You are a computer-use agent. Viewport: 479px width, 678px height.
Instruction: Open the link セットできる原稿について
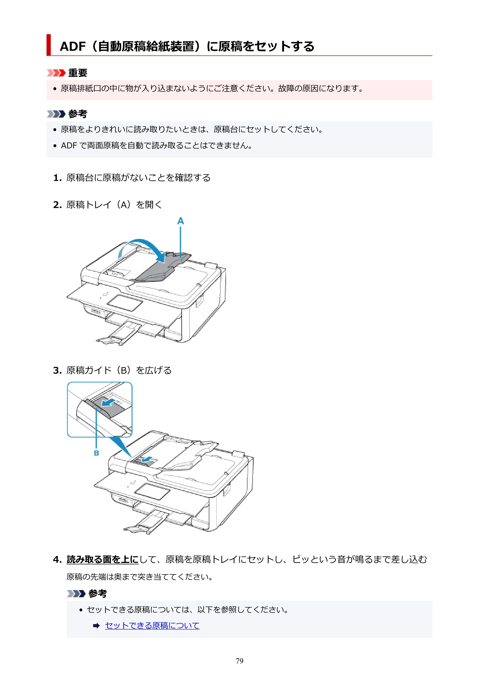click(x=152, y=626)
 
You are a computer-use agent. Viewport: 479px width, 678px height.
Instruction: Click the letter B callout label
click(x=97, y=453)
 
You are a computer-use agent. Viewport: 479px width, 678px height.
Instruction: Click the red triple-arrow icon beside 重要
click(x=56, y=73)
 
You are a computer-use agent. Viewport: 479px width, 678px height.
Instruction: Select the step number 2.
click(x=57, y=205)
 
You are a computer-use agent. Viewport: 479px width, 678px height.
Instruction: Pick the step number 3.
click(x=57, y=370)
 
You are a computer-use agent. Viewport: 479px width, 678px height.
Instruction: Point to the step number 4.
click(x=57, y=559)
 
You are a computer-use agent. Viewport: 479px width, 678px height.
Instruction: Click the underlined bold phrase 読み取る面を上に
click(x=103, y=559)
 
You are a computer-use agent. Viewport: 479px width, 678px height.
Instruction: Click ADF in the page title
click(x=73, y=46)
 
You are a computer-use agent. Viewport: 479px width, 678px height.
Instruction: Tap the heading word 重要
click(x=78, y=73)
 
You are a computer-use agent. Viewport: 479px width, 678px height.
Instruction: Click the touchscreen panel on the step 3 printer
click(x=152, y=491)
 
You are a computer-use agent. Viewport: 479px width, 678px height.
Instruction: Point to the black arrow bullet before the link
click(x=97, y=626)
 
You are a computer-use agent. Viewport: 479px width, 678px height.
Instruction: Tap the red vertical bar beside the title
click(x=49, y=45)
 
